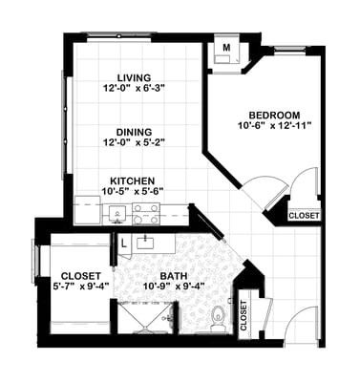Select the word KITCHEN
click(x=133, y=180)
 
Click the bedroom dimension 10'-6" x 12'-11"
click(x=275, y=124)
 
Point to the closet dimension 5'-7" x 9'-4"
click(x=81, y=285)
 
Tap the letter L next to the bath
click(x=124, y=242)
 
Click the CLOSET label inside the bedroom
click(x=304, y=216)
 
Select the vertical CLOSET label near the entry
click(x=244, y=316)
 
